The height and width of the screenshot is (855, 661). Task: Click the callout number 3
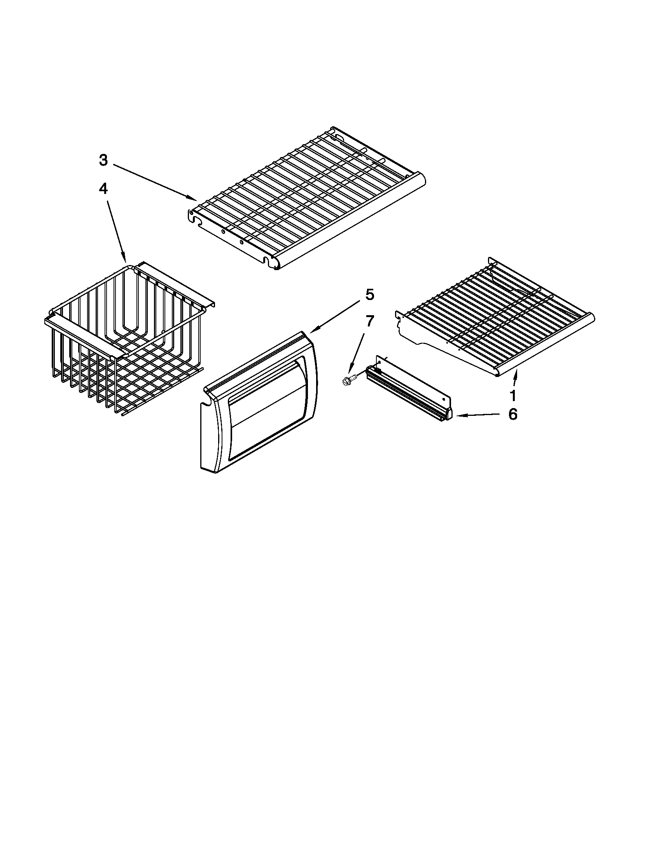pos(103,160)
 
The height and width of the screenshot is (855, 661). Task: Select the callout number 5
pos(369,295)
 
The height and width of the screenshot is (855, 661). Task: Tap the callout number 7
pos(369,321)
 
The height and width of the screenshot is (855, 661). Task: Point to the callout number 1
pos(512,396)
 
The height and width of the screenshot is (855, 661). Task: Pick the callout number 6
pos(512,414)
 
